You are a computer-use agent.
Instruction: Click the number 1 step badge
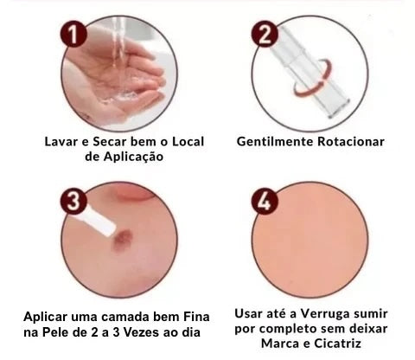pyautogui.click(x=73, y=34)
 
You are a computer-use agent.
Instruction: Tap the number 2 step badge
pyautogui.click(x=265, y=34)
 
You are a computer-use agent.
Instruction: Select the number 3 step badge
pyautogui.click(x=73, y=201)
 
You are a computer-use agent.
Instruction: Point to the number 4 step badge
pyautogui.click(x=265, y=201)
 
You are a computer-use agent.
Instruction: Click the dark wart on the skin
pyautogui.click(x=122, y=239)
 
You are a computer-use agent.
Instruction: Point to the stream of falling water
pyautogui.click(x=119, y=43)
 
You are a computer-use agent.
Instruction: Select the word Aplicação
pyautogui.click(x=133, y=157)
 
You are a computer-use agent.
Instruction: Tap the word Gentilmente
pyautogui.click(x=275, y=142)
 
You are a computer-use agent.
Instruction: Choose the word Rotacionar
pyautogui.click(x=351, y=142)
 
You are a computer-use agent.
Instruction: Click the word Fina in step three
pyautogui.click(x=196, y=317)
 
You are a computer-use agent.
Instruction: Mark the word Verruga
pyautogui.click(x=321, y=314)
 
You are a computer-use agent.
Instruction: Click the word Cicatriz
pyautogui.click(x=337, y=344)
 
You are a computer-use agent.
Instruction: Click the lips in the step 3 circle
pyautogui.click(x=137, y=191)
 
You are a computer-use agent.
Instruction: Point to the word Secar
pyautogui.click(x=110, y=142)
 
